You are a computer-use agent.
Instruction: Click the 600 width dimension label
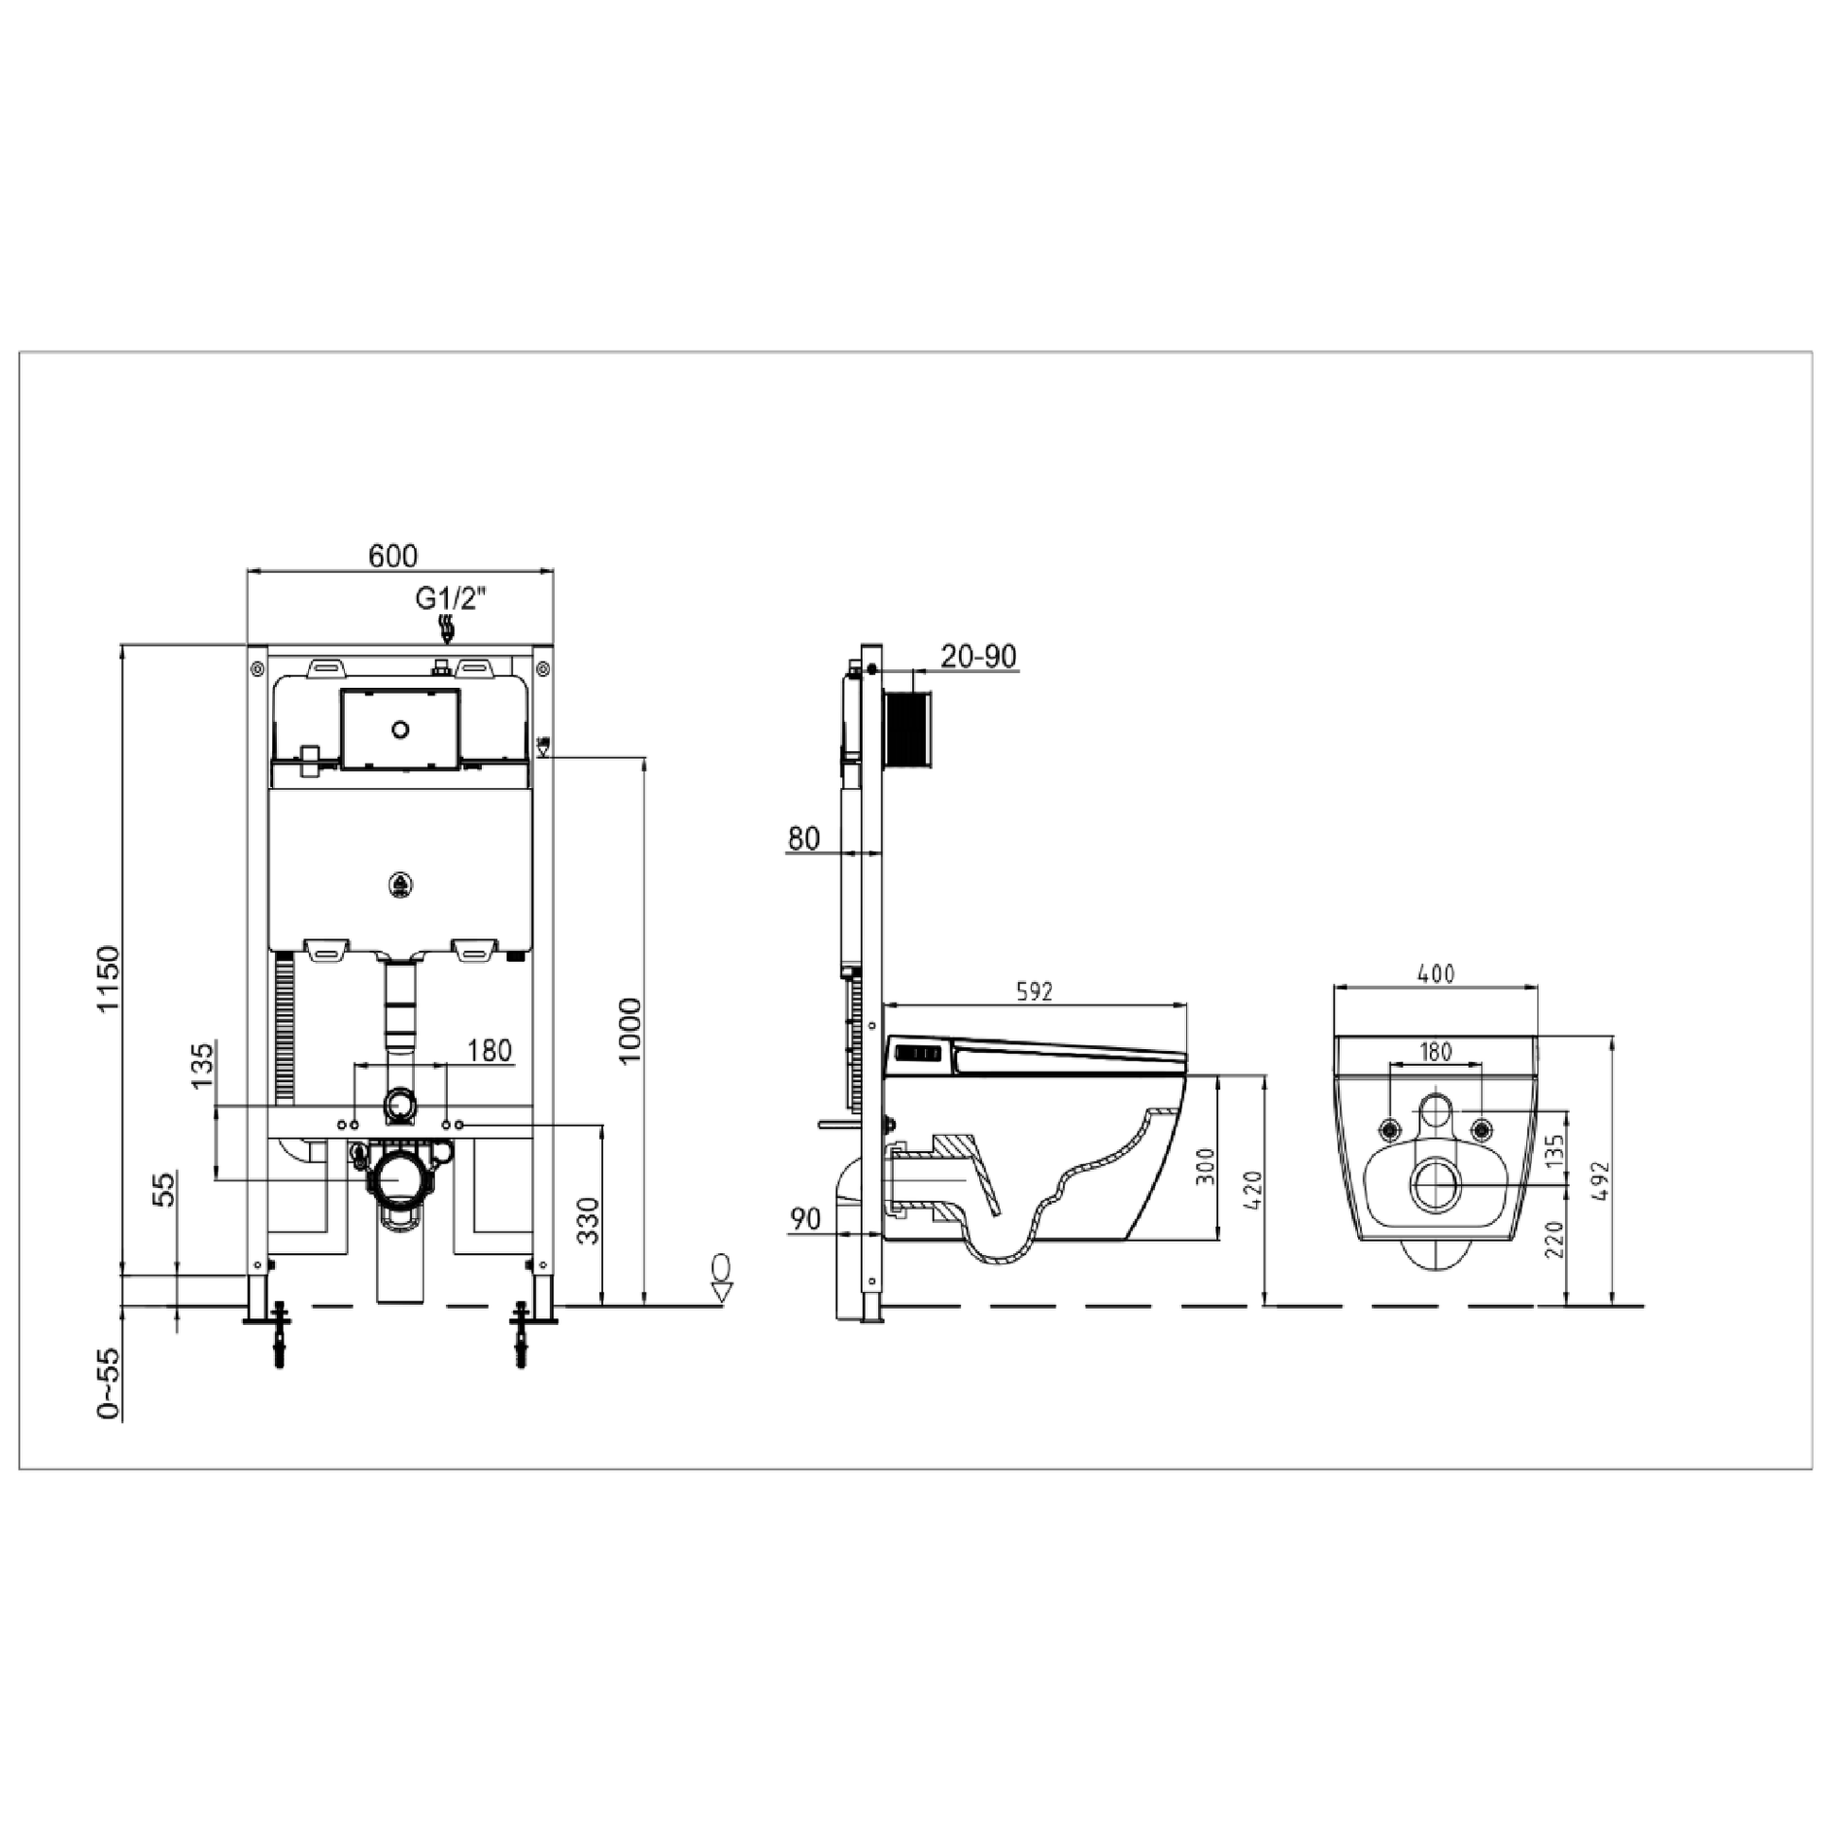pyautogui.click(x=392, y=556)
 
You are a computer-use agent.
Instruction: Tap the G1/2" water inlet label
pyautogui.click(x=450, y=599)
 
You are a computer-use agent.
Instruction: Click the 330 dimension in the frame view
pyautogui.click(x=589, y=1221)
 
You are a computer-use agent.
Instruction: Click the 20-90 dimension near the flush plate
pyautogui.click(x=977, y=657)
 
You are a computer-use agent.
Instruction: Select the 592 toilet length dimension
pyautogui.click(x=1034, y=992)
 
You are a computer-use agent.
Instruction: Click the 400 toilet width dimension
pyautogui.click(x=1435, y=973)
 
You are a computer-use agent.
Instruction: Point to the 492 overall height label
pyautogui.click(x=1598, y=1180)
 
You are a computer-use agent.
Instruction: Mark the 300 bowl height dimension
pyautogui.click(x=1205, y=1165)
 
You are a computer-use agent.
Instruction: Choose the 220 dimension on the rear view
pyautogui.click(x=1554, y=1239)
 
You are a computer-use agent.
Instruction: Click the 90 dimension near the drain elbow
pyautogui.click(x=805, y=1219)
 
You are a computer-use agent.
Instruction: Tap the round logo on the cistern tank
pyautogui.click(x=401, y=885)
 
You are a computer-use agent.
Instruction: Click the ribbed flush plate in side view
pyautogui.click(x=908, y=729)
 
